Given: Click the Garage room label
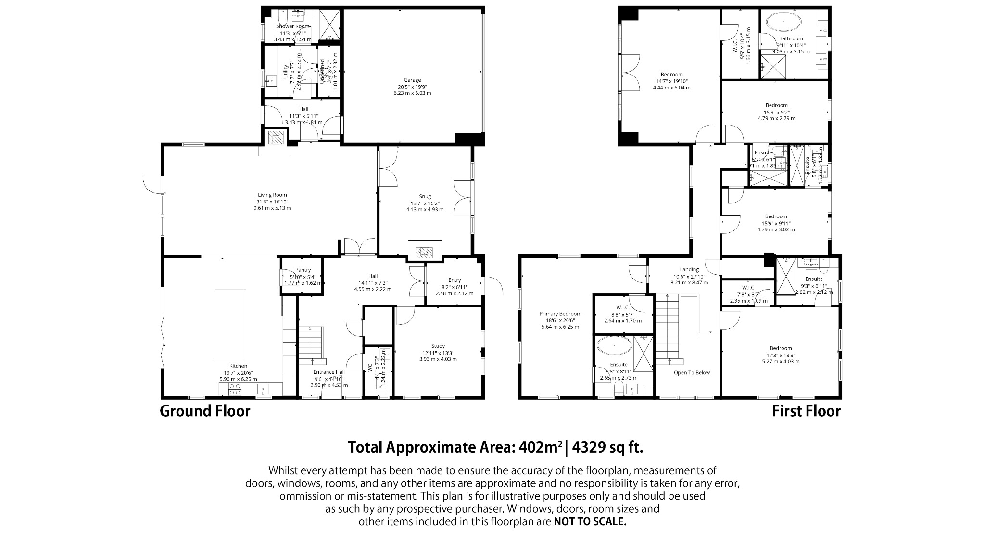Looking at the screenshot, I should (x=412, y=80).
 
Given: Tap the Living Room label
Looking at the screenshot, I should (x=272, y=195).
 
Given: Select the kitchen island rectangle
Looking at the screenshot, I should (x=230, y=325).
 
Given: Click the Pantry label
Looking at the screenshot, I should (x=303, y=270).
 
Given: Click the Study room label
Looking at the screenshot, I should (x=438, y=346).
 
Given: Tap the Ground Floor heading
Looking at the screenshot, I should (x=205, y=411).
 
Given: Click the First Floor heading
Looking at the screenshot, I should (x=806, y=411).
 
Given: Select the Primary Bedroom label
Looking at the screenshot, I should (x=560, y=314).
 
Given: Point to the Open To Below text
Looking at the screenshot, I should (x=692, y=372).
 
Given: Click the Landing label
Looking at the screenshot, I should (x=689, y=270).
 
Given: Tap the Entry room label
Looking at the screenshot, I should (x=455, y=280).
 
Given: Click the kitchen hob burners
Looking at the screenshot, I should (x=235, y=389).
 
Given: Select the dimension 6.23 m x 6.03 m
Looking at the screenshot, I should (x=412, y=93).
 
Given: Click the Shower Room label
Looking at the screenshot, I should (x=293, y=26).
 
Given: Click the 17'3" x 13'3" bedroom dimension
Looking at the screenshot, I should (x=780, y=356).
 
